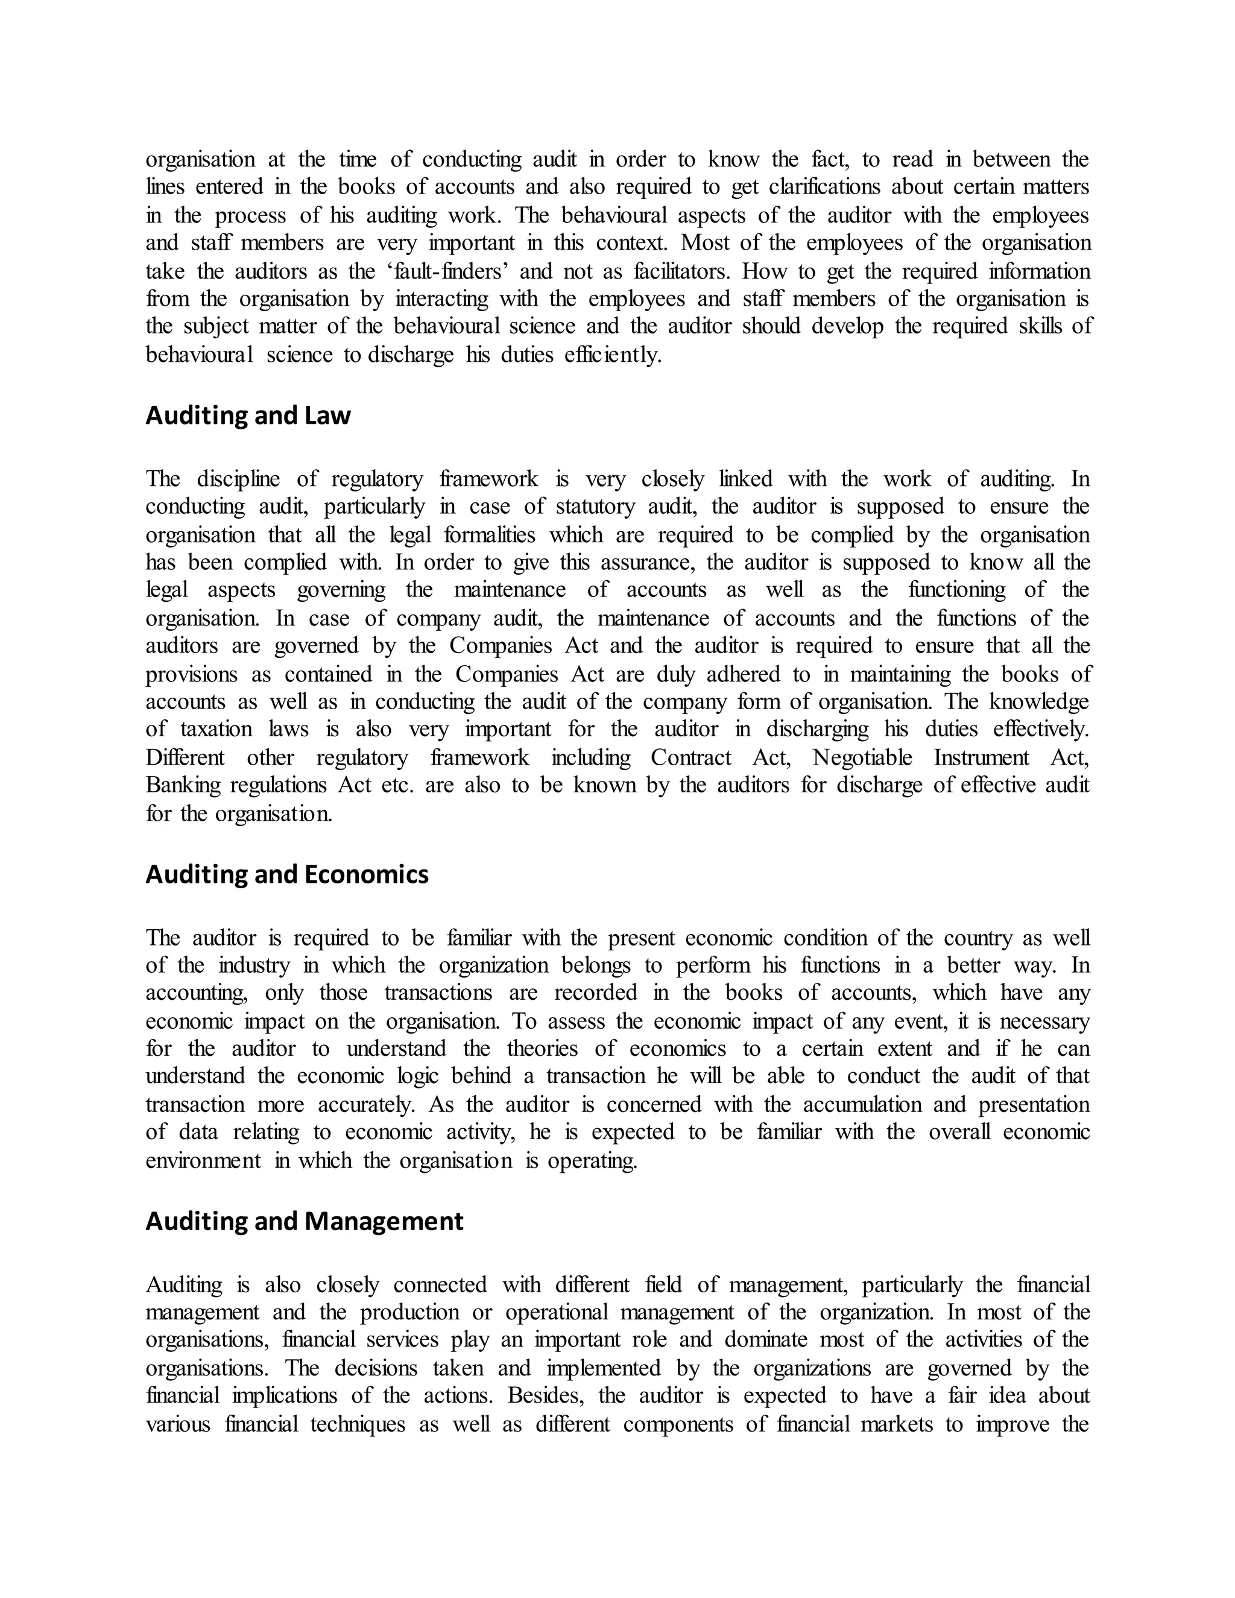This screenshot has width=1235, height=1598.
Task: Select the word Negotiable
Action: click(862, 757)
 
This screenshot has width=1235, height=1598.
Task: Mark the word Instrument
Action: click(981, 757)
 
